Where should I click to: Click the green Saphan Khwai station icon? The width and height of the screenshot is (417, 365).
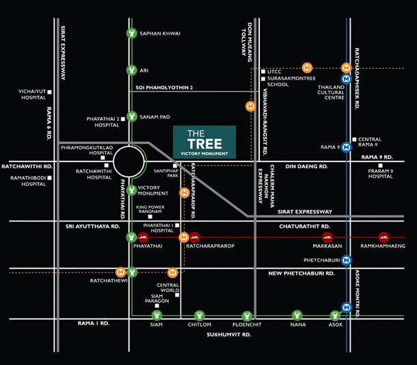tap(131, 33)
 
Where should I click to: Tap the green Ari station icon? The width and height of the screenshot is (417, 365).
tap(131, 70)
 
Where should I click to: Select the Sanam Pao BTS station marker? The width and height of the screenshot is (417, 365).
tap(131, 116)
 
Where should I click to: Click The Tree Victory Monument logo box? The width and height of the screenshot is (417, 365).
tap(204, 142)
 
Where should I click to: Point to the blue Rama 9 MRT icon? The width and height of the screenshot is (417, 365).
tap(347, 147)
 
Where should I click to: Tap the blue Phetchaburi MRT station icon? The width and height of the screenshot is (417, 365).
tap(347, 260)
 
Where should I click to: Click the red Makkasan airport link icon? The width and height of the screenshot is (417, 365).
tap(327, 237)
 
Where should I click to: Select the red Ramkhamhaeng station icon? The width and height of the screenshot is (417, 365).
tap(384, 237)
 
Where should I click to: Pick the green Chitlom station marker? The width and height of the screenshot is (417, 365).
tap(200, 316)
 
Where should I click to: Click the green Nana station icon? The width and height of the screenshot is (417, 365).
tap(297, 316)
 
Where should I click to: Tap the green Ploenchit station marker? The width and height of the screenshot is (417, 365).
tap(247, 316)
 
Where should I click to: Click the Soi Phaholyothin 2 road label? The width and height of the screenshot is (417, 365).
tap(164, 87)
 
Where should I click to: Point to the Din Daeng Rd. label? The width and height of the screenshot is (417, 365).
tap(307, 166)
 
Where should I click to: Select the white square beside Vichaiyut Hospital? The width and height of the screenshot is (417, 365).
tap(49, 92)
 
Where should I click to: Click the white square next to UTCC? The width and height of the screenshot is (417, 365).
tap(263, 72)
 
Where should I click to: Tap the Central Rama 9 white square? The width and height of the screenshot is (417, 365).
tap(354, 139)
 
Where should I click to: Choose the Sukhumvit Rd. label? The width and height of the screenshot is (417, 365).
tap(229, 335)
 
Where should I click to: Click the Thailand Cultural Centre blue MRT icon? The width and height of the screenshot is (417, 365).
tap(347, 79)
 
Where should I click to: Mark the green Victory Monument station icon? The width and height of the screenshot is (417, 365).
tap(131, 190)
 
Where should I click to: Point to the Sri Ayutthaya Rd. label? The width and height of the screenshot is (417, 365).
tap(93, 226)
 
